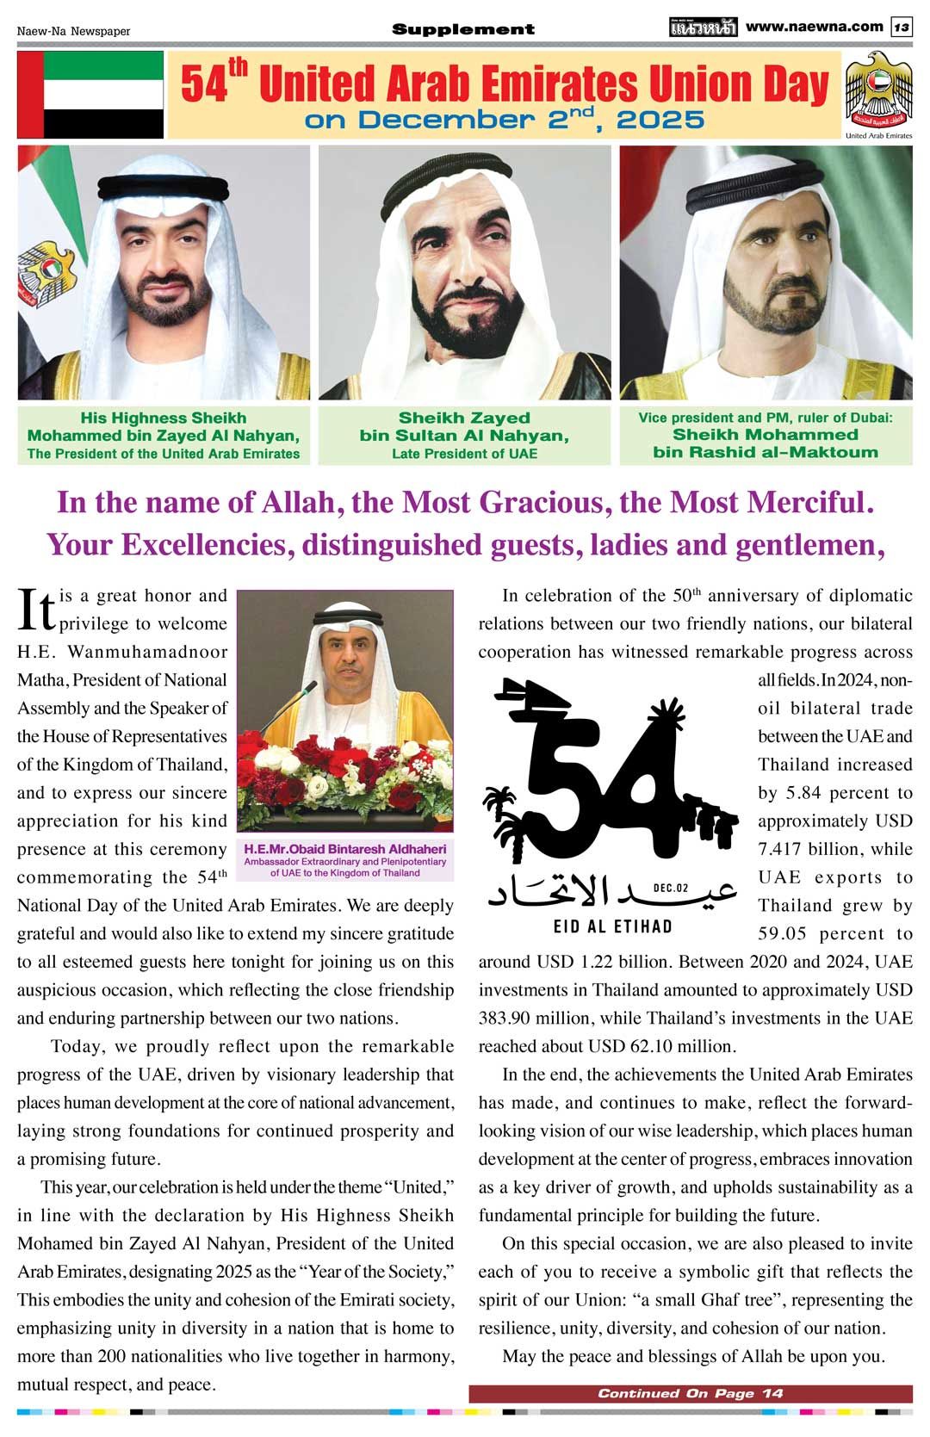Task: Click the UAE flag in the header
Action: coord(90,95)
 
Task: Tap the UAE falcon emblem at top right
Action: coord(878,90)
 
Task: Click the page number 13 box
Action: coord(902,28)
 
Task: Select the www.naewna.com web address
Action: coord(814,27)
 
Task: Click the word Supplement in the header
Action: coord(463,29)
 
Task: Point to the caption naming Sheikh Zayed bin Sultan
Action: coord(464,435)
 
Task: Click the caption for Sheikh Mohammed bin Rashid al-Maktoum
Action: coord(766,435)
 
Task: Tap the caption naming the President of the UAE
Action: coord(164,435)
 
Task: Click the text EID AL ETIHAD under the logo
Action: coord(612,927)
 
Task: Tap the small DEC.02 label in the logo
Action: coord(672,888)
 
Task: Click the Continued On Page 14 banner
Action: coord(691,1393)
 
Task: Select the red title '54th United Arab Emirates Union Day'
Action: coord(504,84)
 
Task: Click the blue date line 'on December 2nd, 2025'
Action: coord(504,121)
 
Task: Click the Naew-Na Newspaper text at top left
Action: coord(74,31)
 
